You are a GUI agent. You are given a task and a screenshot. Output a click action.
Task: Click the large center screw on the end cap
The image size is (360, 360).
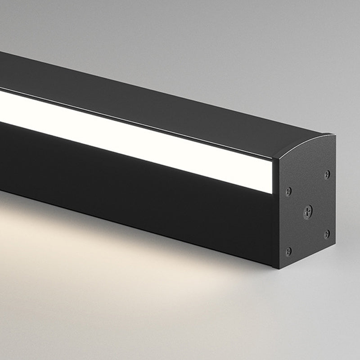[308, 211]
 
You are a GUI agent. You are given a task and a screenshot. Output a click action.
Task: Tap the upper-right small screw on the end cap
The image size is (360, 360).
[327, 174]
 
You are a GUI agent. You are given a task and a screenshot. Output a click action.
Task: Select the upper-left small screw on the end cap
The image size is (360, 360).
[288, 191]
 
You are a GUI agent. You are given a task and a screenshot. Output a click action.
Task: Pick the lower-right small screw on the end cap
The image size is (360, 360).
[327, 234]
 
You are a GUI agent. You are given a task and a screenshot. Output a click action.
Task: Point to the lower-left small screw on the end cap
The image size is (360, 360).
[288, 251]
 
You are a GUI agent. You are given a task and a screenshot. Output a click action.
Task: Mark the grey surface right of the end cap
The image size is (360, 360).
[349, 202]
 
